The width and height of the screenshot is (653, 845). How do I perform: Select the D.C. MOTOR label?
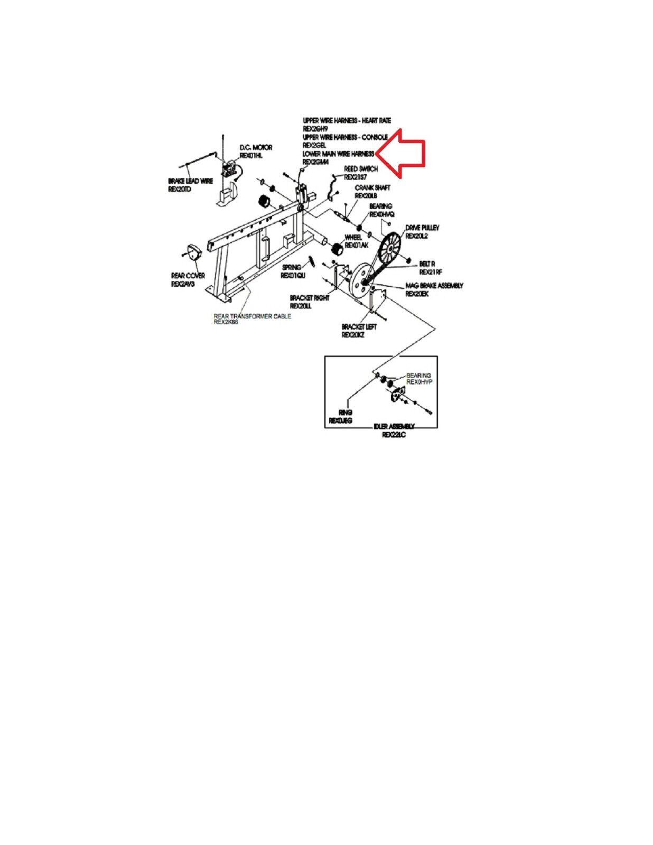pyautogui.click(x=256, y=147)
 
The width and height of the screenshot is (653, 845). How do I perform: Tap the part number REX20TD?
pyautogui.click(x=180, y=189)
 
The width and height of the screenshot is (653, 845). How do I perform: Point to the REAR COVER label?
pyautogui.click(x=188, y=276)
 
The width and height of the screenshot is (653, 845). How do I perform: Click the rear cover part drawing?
pyautogui.click(x=192, y=253)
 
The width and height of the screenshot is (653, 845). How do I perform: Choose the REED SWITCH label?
pyautogui.click(x=361, y=169)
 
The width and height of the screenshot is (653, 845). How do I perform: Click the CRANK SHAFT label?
pyautogui.click(x=372, y=188)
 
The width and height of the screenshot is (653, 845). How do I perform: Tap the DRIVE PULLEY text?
pyautogui.click(x=422, y=228)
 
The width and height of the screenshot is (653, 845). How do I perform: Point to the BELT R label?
pyautogui.click(x=427, y=264)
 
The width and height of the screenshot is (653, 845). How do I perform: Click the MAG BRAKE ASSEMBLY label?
pyautogui.click(x=434, y=286)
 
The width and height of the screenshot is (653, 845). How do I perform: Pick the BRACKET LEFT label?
pyautogui.click(x=359, y=327)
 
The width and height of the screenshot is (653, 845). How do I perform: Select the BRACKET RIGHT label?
pyautogui.click(x=309, y=298)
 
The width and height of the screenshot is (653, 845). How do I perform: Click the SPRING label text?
pyautogui.click(x=291, y=267)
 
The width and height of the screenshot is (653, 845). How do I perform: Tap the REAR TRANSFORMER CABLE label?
pyautogui.click(x=252, y=316)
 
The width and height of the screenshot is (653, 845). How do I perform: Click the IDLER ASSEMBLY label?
pyautogui.click(x=394, y=427)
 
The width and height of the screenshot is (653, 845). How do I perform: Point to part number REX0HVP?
pyautogui.click(x=419, y=381)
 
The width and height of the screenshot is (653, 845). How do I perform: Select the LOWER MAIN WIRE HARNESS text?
pyautogui.click(x=338, y=154)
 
